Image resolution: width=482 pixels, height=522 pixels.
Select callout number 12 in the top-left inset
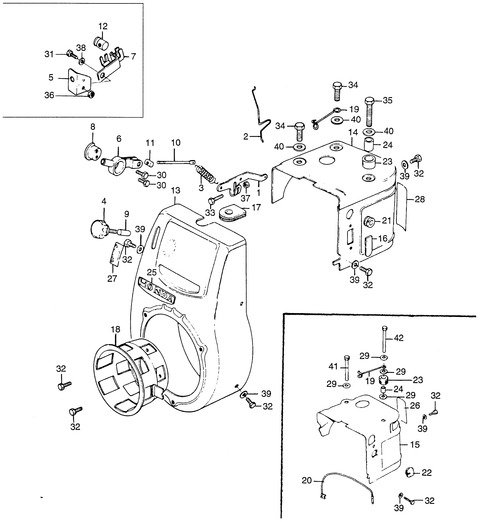tap(103, 26)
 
